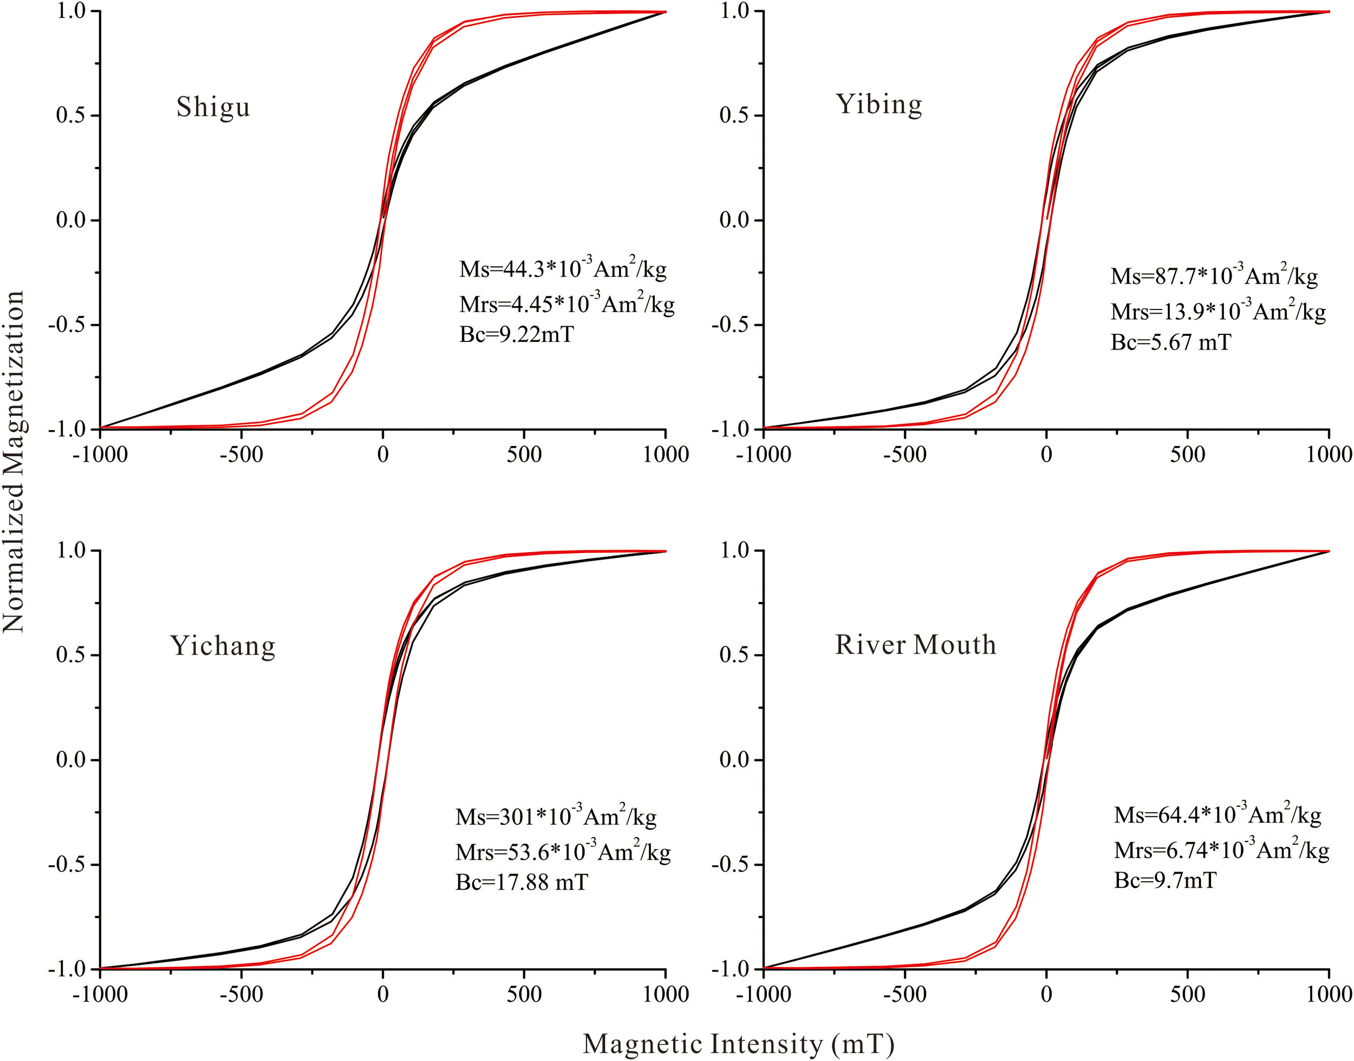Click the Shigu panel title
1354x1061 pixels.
[x=213, y=107]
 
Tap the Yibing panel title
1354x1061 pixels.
[x=878, y=105]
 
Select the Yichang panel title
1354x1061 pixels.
[x=222, y=645]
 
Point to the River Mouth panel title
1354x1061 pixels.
[x=915, y=644]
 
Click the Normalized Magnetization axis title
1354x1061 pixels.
[x=14, y=462]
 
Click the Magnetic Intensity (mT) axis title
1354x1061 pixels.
[x=738, y=1043]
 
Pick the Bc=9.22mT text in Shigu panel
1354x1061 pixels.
[x=517, y=334]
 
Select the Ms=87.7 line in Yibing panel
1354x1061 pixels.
[x=1214, y=275]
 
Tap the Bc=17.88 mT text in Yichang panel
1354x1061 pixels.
[x=521, y=882]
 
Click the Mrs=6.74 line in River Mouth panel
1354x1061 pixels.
[x=1221, y=849]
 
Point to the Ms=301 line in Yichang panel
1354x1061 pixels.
[x=556, y=816]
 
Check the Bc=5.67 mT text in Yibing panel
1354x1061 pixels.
[x=1170, y=342]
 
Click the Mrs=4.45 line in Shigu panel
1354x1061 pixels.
[x=566, y=303]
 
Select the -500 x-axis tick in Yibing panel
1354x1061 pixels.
[x=904, y=455]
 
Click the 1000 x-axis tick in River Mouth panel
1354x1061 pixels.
[x=1329, y=994]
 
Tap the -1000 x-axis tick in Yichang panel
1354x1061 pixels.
[x=100, y=994]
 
